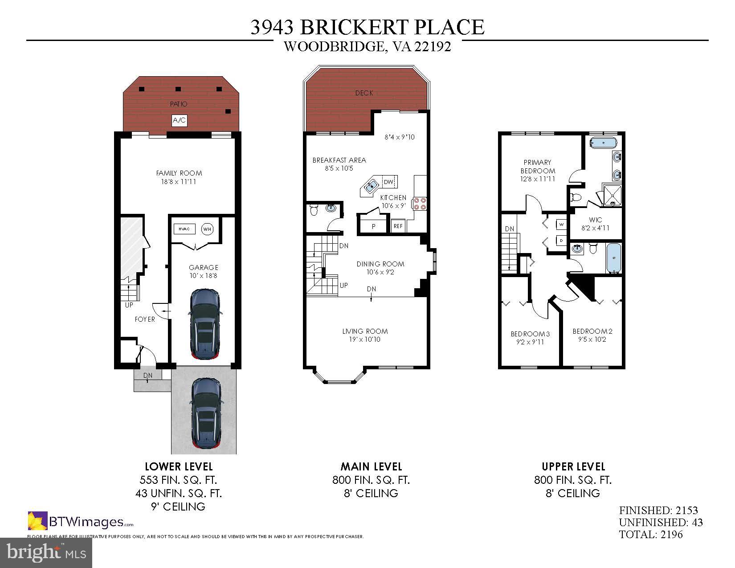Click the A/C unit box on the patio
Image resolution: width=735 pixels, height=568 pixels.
[180, 120]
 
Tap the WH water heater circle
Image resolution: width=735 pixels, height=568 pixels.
[207, 229]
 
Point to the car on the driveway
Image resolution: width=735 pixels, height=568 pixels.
[206, 413]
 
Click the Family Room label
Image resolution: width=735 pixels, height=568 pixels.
[179, 173]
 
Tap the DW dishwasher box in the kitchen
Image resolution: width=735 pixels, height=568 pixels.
[388, 182]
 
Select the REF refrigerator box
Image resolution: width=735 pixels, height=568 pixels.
[398, 226]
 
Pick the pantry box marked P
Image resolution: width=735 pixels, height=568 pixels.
[373, 226]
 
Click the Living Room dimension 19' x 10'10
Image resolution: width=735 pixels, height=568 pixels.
[364, 339]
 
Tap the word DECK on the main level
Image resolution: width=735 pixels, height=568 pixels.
[364, 93]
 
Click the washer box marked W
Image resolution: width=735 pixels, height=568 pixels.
[561, 224]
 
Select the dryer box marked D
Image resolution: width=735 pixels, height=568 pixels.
[561, 241]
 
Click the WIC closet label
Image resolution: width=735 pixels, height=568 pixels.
[595, 220]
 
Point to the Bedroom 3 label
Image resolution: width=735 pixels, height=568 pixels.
[530, 334]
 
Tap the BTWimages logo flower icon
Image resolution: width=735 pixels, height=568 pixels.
[37, 521]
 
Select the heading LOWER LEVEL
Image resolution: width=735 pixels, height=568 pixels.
[179, 466]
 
